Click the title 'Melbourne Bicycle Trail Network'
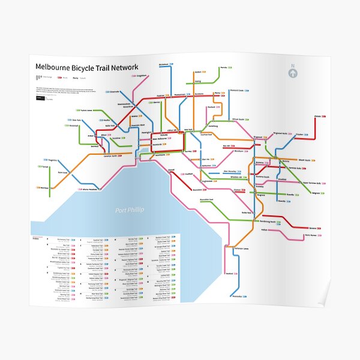(86, 67)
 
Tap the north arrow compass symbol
(293, 73)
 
